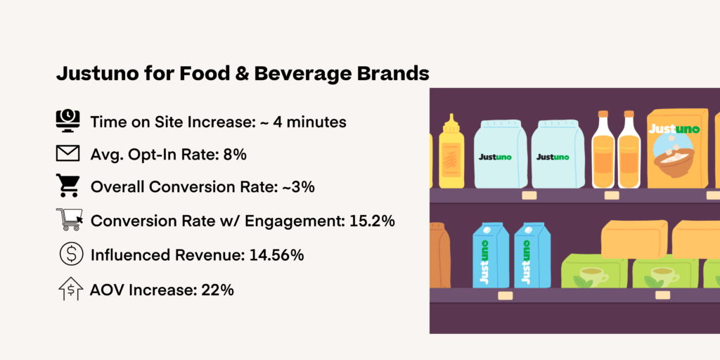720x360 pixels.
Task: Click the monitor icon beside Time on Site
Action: (x=67, y=121)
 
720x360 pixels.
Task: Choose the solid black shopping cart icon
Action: (x=68, y=186)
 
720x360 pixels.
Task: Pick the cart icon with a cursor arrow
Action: (x=70, y=220)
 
